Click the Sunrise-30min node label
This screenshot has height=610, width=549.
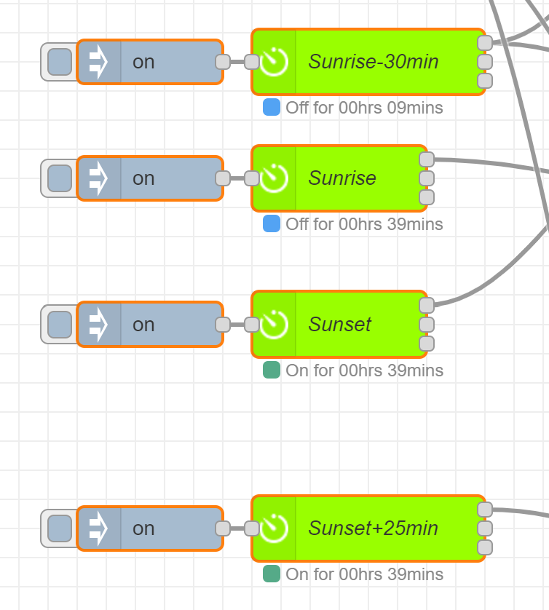pyautogui.click(x=374, y=62)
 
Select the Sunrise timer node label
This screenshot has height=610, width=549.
pyautogui.click(x=342, y=178)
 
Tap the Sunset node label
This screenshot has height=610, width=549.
pyautogui.click(x=340, y=325)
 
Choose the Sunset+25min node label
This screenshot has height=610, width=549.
pyautogui.click(x=374, y=528)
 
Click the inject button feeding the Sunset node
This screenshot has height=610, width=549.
pyautogui.click(x=60, y=325)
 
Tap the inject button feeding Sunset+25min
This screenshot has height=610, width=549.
pyautogui.click(x=60, y=528)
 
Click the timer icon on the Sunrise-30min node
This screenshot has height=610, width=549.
pyautogui.click(x=274, y=62)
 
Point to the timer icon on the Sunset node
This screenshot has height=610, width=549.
pyautogui.click(x=274, y=325)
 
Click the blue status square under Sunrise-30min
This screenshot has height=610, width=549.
pyautogui.click(x=272, y=108)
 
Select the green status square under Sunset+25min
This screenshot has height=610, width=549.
pyautogui.click(x=272, y=574)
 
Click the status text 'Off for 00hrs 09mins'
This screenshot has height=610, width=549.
pyautogui.click(x=364, y=108)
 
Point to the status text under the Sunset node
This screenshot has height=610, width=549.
pyautogui.click(x=364, y=371)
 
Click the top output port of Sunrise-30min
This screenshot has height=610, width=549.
pyautogui.click(x=485, y=43)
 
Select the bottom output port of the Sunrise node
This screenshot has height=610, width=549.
pyautogui.click(x=427, y=197)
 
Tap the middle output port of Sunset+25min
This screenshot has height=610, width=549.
pyautogui.click(x=485, y=528)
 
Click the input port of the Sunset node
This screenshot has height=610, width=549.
pyautogui.click(x=252, y=325)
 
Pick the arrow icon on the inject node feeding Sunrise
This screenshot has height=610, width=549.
pyautogui.click(x=98, y=178)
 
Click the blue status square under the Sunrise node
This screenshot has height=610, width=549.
pyautogui.click(x=272, y=224)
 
